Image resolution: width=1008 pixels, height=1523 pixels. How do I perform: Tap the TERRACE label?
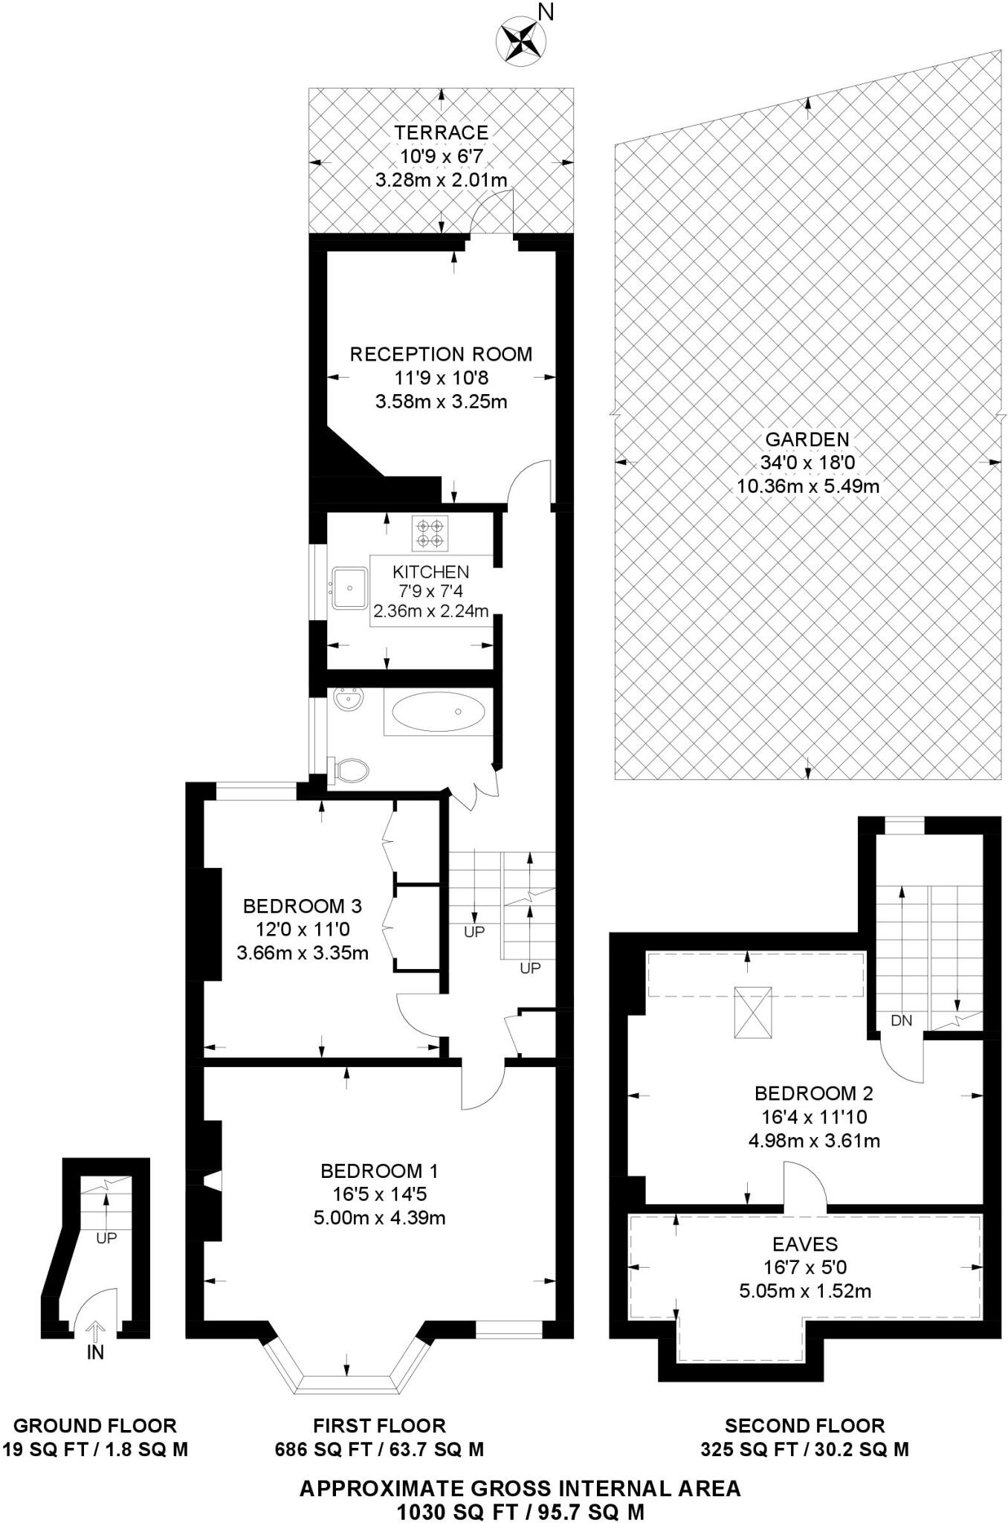click(x=441, y=132)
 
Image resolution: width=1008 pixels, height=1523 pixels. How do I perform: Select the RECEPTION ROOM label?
click(x=441, y=354)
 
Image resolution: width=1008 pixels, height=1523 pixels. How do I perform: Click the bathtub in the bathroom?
click(x=438, y=712)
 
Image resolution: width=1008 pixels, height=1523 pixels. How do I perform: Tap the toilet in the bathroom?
click(x=349, y=770)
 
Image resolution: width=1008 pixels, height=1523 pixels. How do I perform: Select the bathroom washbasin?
click(x=347, y=701)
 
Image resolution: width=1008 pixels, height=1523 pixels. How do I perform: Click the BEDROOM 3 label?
click(x=303, y=906)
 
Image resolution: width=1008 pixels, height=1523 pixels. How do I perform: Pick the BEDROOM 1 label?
click(x=379, y=1171)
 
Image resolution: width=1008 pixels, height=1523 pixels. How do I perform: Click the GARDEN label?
click(x=807, y=439)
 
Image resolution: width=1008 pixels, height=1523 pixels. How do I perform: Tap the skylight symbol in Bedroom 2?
click(x=752, y=1011)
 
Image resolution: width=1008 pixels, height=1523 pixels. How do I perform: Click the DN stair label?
click(x=901, y=1020)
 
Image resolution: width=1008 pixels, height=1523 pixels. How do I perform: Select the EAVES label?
click(x=805, y=1243)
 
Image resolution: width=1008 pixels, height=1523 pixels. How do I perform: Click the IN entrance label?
click(x=95, y=1352)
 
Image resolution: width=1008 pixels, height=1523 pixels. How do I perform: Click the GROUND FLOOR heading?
click(x=95, y=1426)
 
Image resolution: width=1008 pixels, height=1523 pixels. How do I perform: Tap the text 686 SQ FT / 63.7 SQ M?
click(x=379, y=1449)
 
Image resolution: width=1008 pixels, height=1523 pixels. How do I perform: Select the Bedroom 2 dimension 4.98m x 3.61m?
click(x=814, y=1140)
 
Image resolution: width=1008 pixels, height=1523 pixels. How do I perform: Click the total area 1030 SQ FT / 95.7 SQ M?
click(x=520, y=1512)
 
